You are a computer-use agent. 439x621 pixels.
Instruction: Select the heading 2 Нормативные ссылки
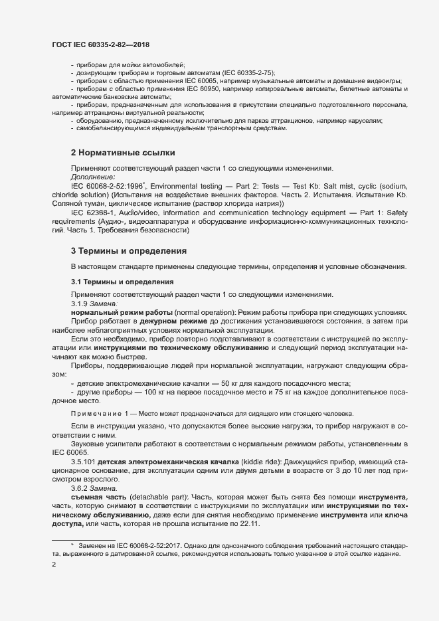point(118,152)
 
